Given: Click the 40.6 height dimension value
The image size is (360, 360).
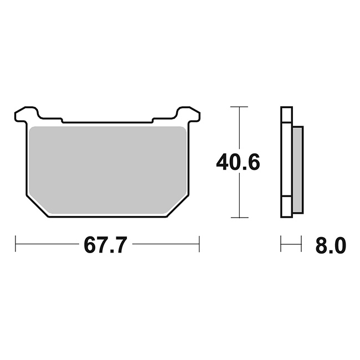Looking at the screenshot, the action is coord(238,162).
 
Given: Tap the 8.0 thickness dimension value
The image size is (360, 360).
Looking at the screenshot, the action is coord(331,245).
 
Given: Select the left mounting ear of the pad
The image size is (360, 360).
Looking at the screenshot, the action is coord(26,114).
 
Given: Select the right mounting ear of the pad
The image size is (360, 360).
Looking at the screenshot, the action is coord(188,114).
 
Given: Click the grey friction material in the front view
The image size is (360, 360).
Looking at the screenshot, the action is coord(107,170).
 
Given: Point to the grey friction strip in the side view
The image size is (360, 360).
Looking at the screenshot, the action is coord(298,169).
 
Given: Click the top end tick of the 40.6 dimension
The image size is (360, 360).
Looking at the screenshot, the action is coord(239,107).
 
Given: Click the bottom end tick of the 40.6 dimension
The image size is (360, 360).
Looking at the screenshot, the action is coord(239,218).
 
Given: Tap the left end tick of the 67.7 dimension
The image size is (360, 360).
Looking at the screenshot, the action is coord(16,244).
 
